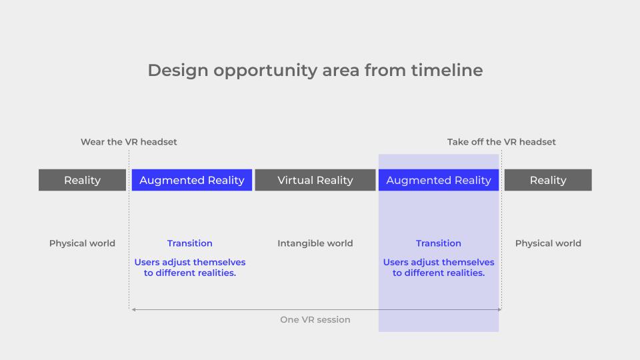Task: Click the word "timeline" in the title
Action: pos(447,70)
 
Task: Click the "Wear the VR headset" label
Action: pos(129,142)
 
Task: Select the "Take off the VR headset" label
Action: pos(501,142)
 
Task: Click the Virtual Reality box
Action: pos(315,180)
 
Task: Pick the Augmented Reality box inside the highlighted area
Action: pos(439,180)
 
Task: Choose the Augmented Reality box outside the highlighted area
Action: pos(192,180)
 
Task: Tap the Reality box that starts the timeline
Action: pos(83,180)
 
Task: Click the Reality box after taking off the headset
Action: pos(548,180)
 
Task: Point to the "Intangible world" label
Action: pos(315,243)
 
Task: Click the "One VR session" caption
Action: pos(315,319)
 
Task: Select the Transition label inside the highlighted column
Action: pos(439,243)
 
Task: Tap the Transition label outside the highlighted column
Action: pos(190,243)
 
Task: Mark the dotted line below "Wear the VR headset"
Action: pos(129,229)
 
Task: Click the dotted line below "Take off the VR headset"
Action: pos(501,229)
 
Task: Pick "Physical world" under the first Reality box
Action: pos(83,243)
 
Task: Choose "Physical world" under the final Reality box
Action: pos(548,243)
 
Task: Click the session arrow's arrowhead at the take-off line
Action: pos(499,310)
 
